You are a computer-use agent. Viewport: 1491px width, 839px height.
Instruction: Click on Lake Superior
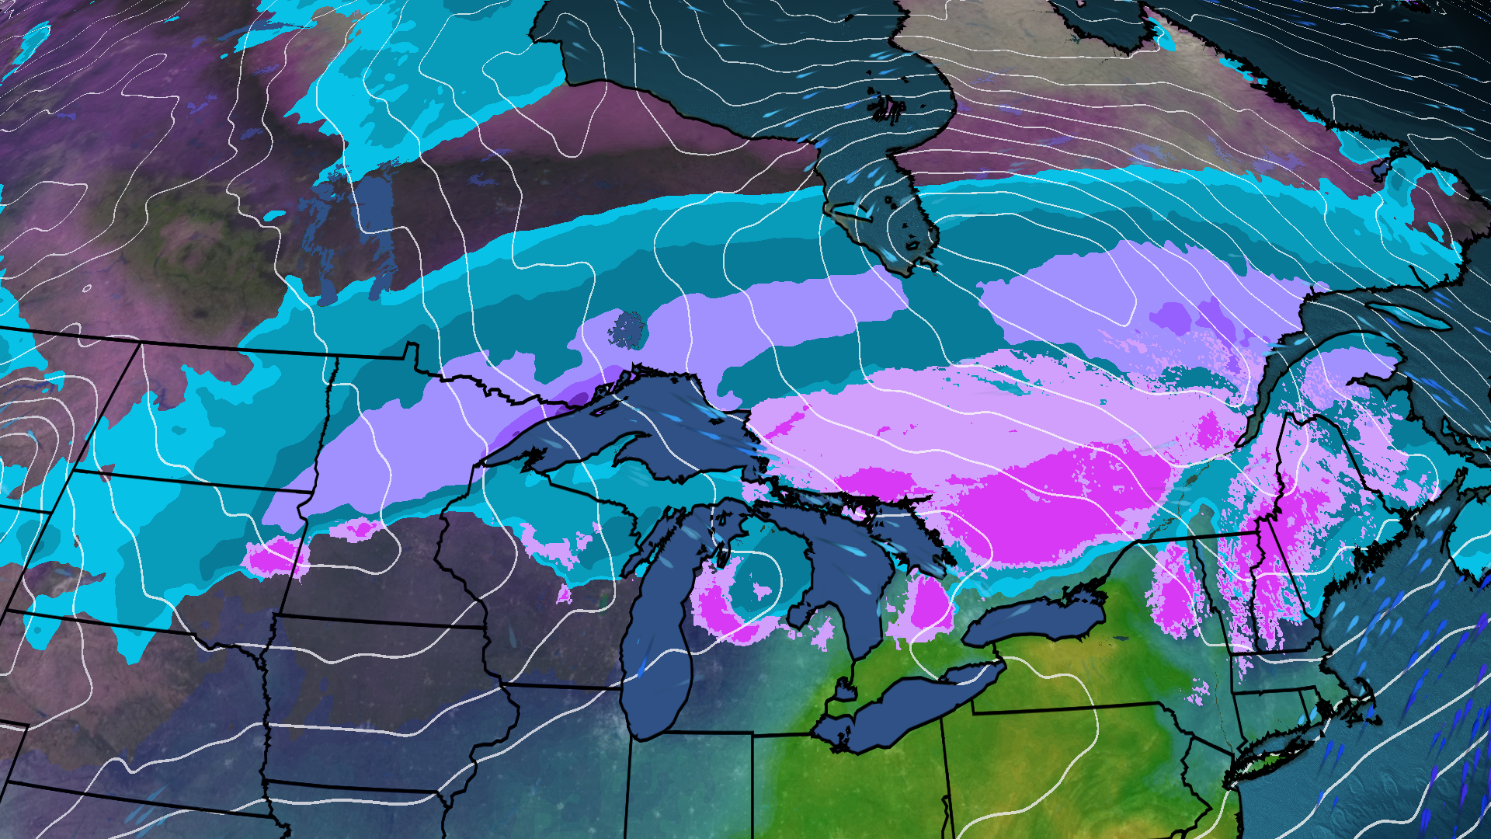(621, 435)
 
